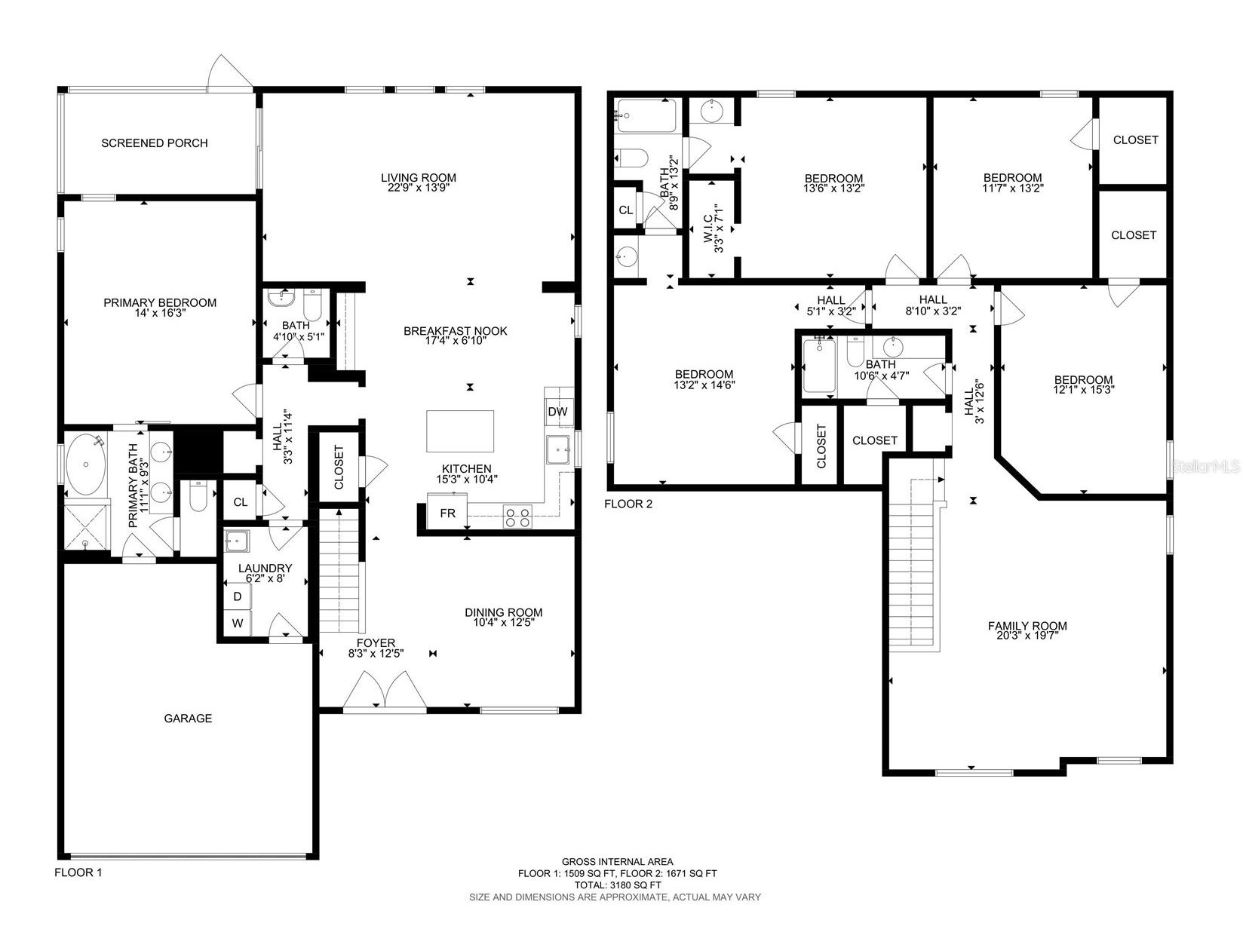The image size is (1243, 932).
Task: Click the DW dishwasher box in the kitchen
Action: (x=557, y=412)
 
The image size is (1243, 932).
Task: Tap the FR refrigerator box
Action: (x=447, y=513)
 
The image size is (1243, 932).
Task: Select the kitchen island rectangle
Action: (x=460, y=431)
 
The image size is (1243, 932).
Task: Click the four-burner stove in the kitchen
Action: (x=517, y=517)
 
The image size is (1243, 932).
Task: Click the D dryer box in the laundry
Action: (x=237, y=596)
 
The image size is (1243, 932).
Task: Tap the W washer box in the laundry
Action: (x=237, y=623)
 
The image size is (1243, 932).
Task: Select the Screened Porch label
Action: (x=155, y=143)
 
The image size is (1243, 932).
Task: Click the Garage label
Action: (x=188, y=719)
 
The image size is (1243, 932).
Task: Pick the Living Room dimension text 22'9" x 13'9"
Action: (x=419, y=189)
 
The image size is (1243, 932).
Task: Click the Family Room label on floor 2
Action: (x=1027, y=626)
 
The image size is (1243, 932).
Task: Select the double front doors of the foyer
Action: (x=384, y=690)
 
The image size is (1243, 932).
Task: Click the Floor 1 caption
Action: (x=78, y=872)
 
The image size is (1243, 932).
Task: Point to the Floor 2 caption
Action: (x=628, y=504)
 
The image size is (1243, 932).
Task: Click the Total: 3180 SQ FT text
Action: (x=617, y=885)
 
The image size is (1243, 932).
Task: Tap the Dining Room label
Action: (x=503, y=612)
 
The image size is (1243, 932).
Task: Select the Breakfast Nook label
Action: (x=455, y=331)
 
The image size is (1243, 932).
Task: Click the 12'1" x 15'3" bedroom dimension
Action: (x=1083, y=390)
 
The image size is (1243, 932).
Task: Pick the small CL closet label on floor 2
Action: (x=625, y=210)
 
